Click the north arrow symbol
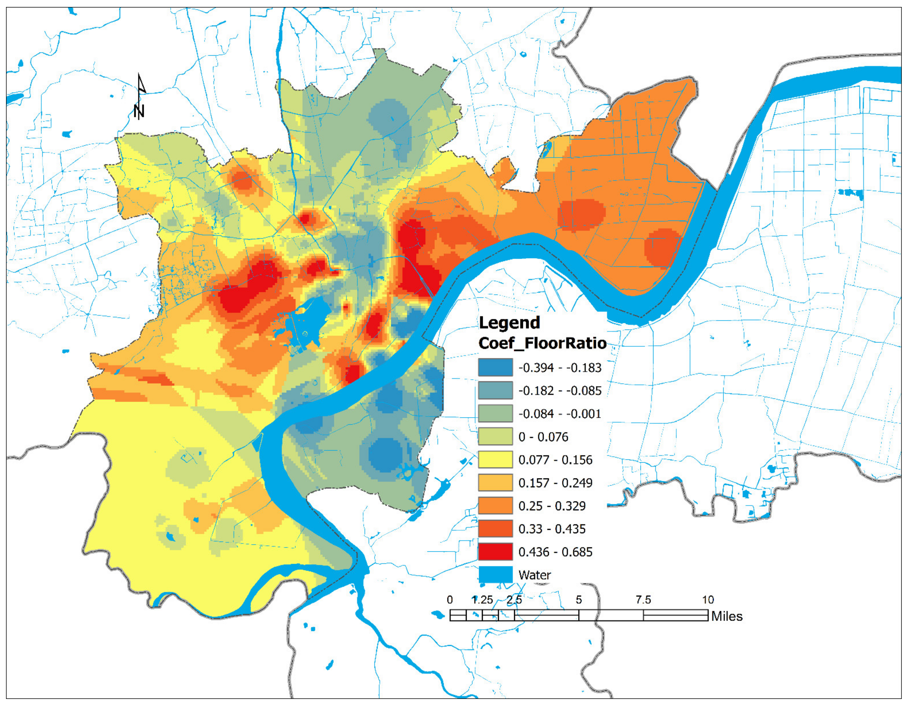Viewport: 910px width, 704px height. [x=140, y=97]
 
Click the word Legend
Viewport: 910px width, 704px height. [x=509, y=323]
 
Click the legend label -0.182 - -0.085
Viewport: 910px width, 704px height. [x=560, y=391]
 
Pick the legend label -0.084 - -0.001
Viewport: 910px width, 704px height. [x=560, y=414]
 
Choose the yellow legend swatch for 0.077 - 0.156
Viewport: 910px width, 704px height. [x=495, y=460]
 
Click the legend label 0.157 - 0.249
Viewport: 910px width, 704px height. [x=555, y=483]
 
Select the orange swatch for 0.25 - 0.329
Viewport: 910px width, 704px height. [x=495, y=506]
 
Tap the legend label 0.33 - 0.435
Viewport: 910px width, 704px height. [x=552, y=529]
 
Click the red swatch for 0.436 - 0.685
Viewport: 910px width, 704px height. [x=495, y=552]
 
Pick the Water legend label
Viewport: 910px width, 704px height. [x=534, y=575]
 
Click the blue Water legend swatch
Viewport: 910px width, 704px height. [x=495, y=575]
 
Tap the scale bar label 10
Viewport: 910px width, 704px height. [x=707, y=600]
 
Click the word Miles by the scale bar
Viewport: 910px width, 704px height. [x=727, y=616]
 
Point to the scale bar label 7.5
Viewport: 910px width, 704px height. [x=643, y=600]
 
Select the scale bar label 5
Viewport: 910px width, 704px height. [x=579, y=600]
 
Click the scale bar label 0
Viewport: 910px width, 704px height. [x=450, y=600]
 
